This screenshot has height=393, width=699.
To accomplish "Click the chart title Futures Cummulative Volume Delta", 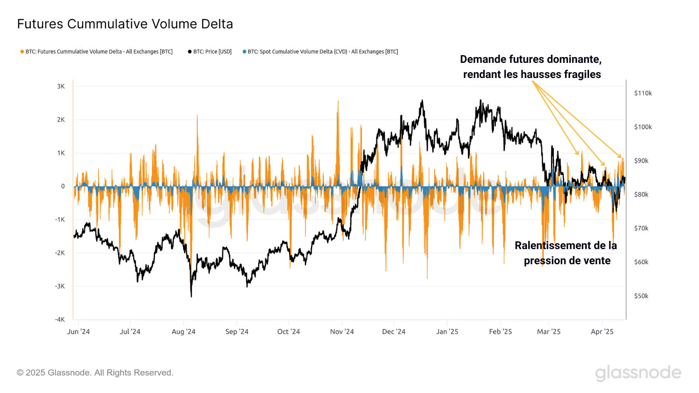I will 125,24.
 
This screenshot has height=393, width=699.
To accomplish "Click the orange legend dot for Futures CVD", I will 22,52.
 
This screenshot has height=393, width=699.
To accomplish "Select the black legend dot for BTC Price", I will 190,52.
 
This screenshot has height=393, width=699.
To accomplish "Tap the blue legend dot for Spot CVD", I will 244,52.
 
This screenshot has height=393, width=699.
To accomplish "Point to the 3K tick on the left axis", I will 61,86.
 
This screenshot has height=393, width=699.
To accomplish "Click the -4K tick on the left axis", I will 60,320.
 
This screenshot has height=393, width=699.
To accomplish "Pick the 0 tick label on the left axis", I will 63,186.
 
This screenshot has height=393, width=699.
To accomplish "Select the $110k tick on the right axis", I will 643,93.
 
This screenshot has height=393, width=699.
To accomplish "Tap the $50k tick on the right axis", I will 641,296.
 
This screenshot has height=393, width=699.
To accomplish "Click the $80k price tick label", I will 641,194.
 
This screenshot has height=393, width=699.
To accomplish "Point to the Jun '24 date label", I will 78,332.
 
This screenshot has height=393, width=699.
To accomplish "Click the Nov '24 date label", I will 342,332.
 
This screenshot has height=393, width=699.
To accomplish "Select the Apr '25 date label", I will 602,332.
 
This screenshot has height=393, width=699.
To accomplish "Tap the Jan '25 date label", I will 447,332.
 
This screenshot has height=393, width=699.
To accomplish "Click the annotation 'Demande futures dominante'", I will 530,59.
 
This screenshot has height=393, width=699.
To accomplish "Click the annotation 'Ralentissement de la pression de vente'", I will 566,253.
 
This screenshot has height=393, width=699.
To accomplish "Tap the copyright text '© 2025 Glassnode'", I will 95,373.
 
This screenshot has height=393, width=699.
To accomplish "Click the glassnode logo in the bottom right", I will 638,373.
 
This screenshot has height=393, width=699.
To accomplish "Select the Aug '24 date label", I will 183,332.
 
